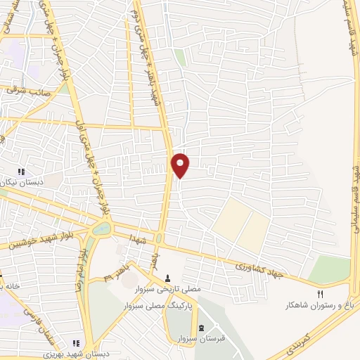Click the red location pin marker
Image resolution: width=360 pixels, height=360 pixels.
click(x=181, y=165)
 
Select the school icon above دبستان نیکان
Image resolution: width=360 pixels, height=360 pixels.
click(x=21, y=172)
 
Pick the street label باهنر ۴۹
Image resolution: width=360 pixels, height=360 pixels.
click(x=112, y=270)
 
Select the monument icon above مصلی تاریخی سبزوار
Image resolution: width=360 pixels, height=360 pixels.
click(x=168, y=276)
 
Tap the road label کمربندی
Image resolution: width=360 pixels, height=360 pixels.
click(x=302, y=342)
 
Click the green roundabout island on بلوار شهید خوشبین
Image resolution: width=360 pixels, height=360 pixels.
click(x=101, y=228)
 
